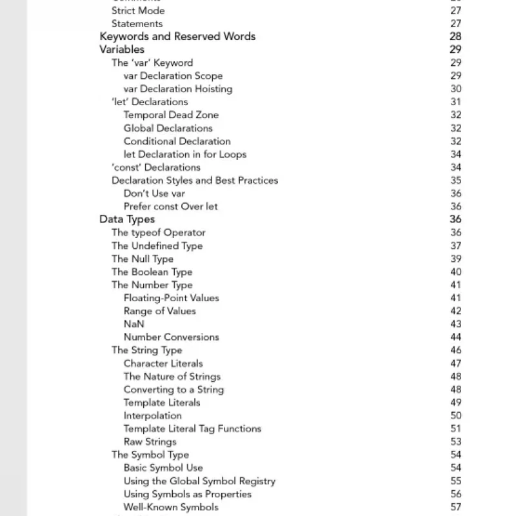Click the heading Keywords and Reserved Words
177,36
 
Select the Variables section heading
122,49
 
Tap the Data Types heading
127,219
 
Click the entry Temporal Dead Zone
171,115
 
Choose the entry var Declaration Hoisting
177,89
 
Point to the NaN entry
134,324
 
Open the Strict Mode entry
138,10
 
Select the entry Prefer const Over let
170,206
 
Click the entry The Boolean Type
152,272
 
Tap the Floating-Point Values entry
171,298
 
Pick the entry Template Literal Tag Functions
192,428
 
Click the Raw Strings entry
150,442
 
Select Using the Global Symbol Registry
199,481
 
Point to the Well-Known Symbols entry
171,507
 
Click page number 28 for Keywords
455,36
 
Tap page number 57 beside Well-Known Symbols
456,507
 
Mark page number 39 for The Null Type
456,259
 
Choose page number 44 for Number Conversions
456,337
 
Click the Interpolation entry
152,415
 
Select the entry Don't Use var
154,193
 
